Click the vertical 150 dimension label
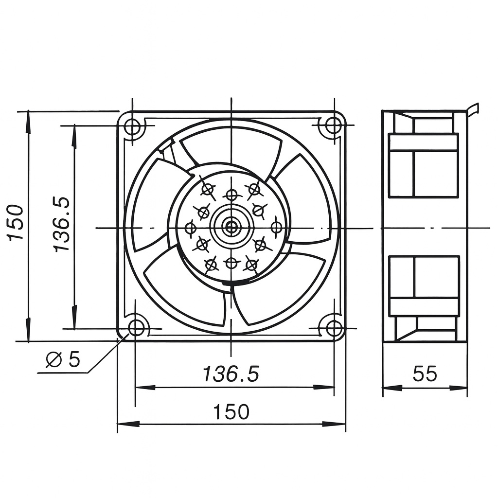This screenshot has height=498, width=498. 16,222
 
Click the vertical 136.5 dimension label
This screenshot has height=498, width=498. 62,224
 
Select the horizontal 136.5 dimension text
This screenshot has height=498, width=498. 231,374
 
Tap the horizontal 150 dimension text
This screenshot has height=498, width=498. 231,412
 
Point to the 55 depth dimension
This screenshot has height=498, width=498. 425,374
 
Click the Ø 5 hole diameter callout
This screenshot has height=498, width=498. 63,359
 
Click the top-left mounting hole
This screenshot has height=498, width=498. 132,126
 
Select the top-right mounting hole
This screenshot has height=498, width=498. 334,125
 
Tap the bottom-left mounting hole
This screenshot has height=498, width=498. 136,327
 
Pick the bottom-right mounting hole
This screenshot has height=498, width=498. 334,327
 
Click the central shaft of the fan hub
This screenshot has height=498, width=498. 231,227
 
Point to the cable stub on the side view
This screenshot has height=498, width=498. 473,109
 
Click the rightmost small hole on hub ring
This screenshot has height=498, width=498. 276,227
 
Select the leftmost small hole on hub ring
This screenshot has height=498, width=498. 191,228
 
